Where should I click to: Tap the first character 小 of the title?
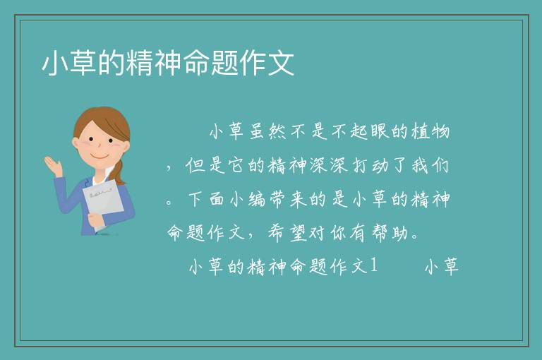55,63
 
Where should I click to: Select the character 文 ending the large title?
281,63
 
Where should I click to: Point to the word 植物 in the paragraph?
430,131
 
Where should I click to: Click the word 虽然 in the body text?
267,131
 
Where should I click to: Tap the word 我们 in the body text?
430,165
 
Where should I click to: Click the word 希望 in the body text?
288,232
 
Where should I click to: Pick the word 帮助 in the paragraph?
390,232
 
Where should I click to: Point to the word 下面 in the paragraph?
206,199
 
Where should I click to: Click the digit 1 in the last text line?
373,265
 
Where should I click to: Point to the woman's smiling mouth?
100,156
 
